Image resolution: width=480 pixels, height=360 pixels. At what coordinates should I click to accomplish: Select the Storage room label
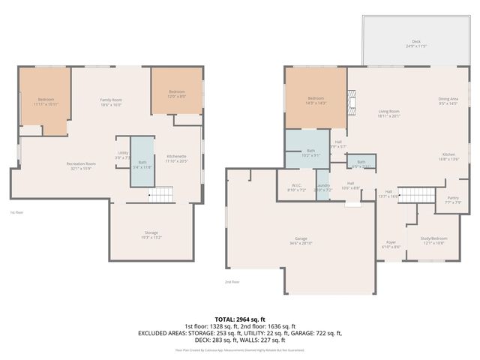click(x=151, y=235)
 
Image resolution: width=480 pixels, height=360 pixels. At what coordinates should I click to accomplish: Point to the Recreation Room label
click(x=81, y=165)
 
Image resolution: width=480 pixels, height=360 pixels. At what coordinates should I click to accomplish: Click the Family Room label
click(x=112, y=102)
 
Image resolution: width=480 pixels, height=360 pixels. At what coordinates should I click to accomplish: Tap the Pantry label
click(x=453, y=199)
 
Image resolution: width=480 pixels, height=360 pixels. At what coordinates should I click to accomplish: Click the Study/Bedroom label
click(x=433, y=241)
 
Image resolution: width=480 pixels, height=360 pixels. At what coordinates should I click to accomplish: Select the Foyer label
click(x=391, y=244)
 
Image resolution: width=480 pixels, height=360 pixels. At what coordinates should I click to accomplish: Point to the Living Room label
click(x=389, y=113)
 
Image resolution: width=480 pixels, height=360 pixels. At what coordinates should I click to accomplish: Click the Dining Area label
click(x=448, y=101)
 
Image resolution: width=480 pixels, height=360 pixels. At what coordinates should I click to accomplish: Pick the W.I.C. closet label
click(x=296, y=187)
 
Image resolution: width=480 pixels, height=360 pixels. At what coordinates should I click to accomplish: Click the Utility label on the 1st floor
click(x=123, y=154)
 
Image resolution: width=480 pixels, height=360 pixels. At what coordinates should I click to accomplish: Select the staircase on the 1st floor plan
click(x=160, y=196)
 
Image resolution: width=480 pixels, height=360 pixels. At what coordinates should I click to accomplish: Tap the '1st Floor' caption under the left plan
click(x=18, y=212)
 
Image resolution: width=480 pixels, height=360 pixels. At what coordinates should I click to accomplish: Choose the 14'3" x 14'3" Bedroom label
click(x=316, y=100)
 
